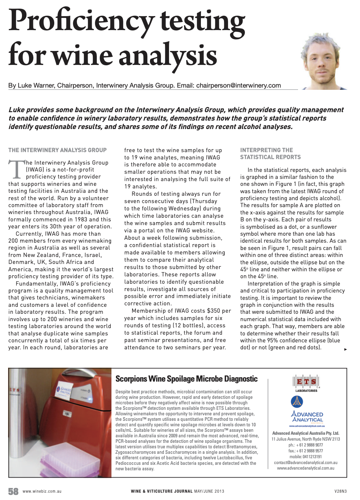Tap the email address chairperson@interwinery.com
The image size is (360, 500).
pyautogui.click(x=238, y=85)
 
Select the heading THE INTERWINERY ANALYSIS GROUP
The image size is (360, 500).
pyautogui.click(x=58, y=150)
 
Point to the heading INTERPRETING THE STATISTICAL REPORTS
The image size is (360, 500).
pyautogui.click(x=270, y=154)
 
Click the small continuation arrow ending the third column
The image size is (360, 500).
pyautogui.click(x=345, y=349)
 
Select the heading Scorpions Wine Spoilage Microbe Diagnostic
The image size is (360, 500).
pyautogui.click(x=186, y=379)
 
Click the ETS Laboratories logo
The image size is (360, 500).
pyautogui.click(x=306, y=382)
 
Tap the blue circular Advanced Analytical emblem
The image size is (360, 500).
pyautogui.click(x=297, y=402)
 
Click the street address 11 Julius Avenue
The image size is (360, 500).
pyautogui.click(x=290, y=439)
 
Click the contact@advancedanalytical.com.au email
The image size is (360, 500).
pyautogui.click(x=305, y=463)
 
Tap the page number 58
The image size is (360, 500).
pyautogui.click(x=13, y=491)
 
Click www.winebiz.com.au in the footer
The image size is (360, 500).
pyautogui.click(x=42, y=491)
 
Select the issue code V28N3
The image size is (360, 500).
pyautogui.click(x=340, y=491)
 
